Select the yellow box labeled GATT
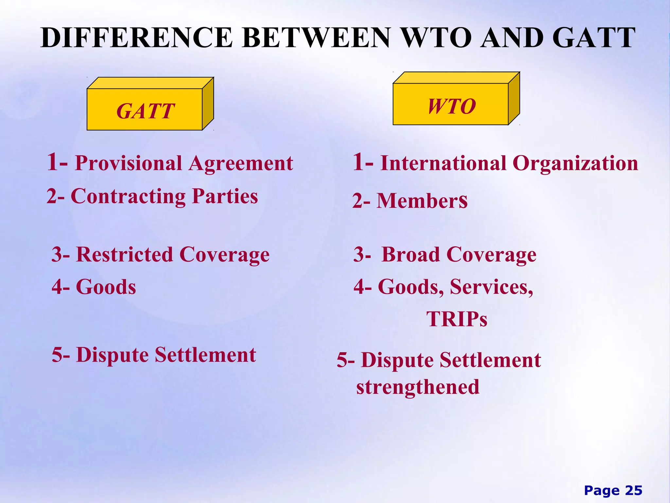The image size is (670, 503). (x=145, y=110)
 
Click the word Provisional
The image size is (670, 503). (x=128, y=163)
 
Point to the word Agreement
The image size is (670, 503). (x=241, y=163)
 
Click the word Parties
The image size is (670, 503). (x=225, y=196)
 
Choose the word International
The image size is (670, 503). (x=443, y=163)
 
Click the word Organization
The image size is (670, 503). (x=575, y=163)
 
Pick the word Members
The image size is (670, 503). (x=422, y=201)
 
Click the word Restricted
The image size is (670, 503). (x=125, y=255)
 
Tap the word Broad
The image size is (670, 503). (x=411, y=255)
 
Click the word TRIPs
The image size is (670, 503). (x=457, y=319)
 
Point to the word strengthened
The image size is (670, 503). (x=418, y=387)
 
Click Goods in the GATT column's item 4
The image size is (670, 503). (x=106, y=287)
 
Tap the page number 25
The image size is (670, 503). (x=634, y=491)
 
